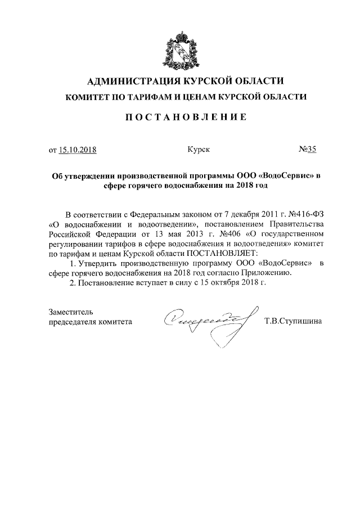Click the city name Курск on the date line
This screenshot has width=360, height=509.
point(199,150)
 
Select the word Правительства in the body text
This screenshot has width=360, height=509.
point(284,224)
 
